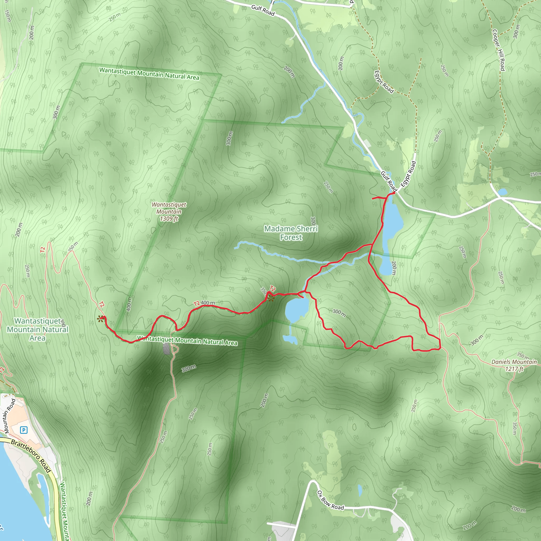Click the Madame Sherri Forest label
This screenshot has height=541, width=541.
[291, 233]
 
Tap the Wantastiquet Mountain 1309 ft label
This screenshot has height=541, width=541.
[169, 212]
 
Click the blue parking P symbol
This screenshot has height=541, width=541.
[24, 430]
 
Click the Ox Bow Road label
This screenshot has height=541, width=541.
[330, 500]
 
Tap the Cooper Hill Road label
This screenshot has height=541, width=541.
[499, 50]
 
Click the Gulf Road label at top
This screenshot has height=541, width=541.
[263, 10]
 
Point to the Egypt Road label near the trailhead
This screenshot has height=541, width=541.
[408, 174]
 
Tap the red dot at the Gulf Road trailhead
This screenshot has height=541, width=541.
[394, 193]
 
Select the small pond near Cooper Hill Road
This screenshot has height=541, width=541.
[503, 192]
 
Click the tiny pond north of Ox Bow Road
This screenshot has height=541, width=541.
[360, 490]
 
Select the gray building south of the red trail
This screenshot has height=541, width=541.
[166, 349]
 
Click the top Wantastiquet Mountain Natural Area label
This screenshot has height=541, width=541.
[149, 74]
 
